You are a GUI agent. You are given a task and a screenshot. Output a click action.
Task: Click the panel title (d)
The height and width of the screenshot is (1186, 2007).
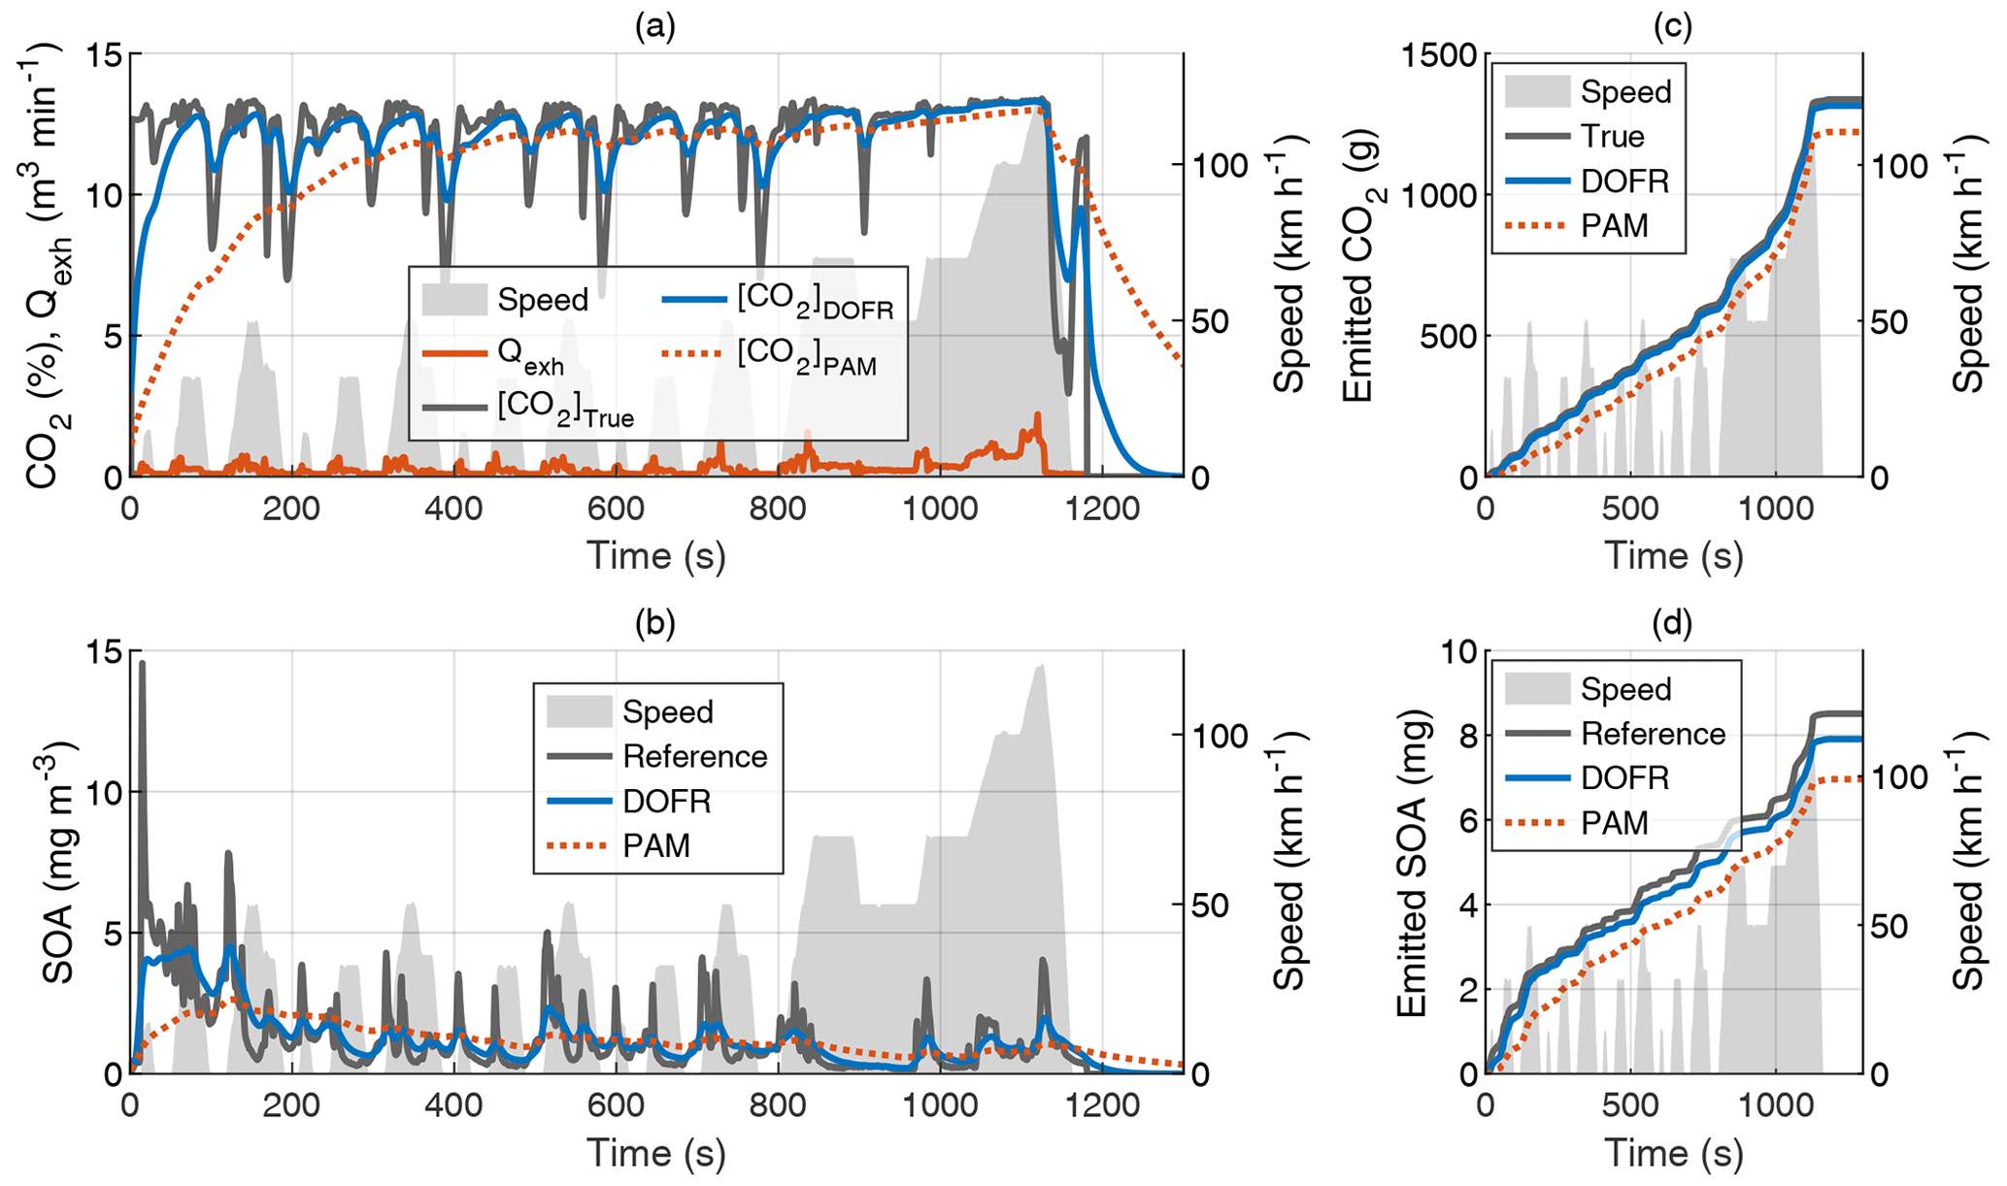click(1673, 623)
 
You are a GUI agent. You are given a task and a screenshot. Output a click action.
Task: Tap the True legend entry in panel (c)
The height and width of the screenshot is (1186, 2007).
click(1613, 137)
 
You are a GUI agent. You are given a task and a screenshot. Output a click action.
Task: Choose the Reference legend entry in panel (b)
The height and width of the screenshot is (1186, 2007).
click(695, 756)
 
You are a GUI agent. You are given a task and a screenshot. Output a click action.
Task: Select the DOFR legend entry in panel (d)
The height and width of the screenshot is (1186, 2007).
click(1624, 777)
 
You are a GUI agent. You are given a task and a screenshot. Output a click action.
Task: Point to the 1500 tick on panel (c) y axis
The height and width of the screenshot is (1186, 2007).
click(1440, 55)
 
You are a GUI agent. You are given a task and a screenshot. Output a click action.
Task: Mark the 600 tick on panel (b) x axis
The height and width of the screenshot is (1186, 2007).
click(616, 1106)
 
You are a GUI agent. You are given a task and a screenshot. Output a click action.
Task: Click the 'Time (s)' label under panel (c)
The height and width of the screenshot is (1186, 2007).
click(1673, 555)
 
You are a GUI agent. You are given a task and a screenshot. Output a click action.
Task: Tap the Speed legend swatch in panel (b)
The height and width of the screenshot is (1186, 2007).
click(579, 711)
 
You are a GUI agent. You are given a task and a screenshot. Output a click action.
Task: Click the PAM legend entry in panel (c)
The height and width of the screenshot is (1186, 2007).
click(1615, 226)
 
